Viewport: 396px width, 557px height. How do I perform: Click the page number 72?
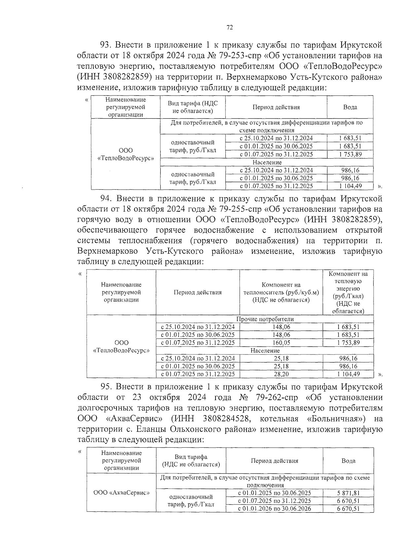point(230,28)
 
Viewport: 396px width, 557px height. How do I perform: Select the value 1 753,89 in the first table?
point(350,154)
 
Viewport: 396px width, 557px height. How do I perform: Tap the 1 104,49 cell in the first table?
point(350,186)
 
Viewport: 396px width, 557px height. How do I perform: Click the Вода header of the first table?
point(350,107)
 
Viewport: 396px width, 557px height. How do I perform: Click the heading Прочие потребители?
point(265,319)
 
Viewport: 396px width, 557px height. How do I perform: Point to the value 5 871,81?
point(348,493)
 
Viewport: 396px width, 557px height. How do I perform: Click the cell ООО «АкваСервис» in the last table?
point(121,493)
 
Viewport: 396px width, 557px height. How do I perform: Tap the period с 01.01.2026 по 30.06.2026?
point(274,508)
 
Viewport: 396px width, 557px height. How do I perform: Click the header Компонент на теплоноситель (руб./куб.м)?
point(281,292)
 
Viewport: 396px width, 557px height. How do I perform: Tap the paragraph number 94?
point(106,199)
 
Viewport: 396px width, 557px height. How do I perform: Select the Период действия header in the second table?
point(197,292)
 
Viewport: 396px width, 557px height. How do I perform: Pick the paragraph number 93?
point(106,45)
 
